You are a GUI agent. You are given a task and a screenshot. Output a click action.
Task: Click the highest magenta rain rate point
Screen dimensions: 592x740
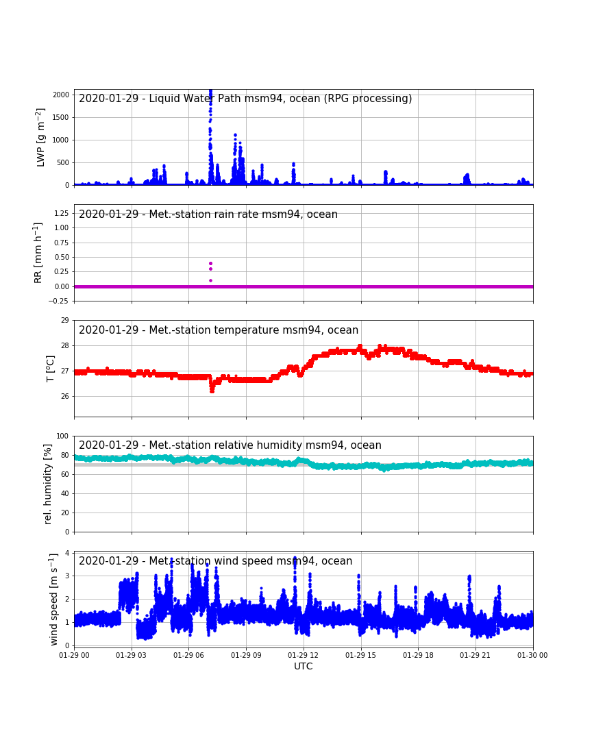210,263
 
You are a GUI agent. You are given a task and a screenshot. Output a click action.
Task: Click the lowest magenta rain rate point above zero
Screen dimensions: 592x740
210,281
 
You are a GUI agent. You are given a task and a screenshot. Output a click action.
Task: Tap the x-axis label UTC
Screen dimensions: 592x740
303,666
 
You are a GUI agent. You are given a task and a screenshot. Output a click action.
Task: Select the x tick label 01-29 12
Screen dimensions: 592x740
303,655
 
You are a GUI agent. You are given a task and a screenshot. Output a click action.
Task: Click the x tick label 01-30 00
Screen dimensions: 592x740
532,655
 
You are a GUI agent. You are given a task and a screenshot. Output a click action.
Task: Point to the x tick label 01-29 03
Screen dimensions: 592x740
132,655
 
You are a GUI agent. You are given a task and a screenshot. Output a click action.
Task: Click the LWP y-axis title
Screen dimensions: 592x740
40,137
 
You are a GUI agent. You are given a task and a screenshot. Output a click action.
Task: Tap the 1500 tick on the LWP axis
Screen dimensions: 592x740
61,117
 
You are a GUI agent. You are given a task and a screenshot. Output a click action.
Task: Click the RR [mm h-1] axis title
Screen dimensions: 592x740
38,253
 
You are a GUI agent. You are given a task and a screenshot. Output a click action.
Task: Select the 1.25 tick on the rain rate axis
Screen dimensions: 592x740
62,213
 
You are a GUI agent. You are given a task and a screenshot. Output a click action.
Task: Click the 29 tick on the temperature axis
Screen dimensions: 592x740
65,320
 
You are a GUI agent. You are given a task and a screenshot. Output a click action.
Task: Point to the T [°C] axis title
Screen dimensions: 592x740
50,369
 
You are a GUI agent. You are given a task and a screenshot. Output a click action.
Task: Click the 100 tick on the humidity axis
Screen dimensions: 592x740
63,436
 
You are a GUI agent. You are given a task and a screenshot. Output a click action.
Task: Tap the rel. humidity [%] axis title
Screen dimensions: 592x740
48,484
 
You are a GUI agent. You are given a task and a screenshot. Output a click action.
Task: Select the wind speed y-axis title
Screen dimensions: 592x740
54,600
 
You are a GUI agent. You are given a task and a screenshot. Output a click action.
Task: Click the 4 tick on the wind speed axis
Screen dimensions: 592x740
68,553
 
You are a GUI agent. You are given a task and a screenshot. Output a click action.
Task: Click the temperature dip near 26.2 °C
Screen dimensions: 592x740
212,390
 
